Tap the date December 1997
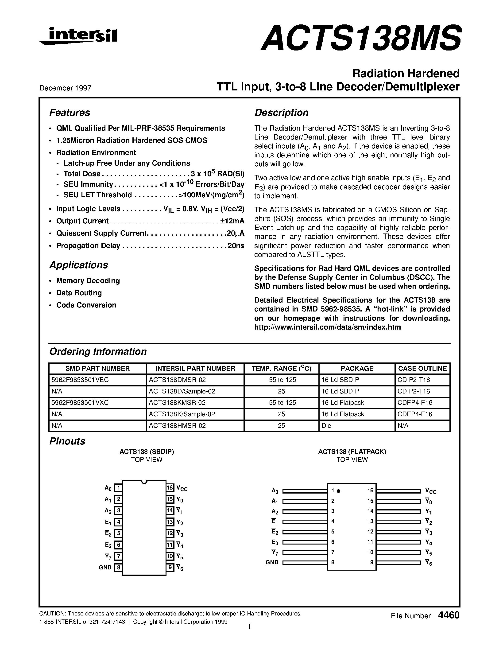(x=65, y=88)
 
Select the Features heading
(x=70, y=113)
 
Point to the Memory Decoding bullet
(x=88, y=280)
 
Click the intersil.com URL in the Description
(x=327, y=327)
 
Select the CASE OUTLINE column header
(x=422, y=368)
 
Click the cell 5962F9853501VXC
(x=80, y=403)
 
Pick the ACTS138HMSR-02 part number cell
(x=177, y=425)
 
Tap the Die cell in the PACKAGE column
(x=326, y=425)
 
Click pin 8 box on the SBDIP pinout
(x=118, y=568)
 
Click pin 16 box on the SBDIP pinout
(x=170, y=487)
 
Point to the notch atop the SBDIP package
(x=144, y=482)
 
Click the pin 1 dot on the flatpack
(x=339, y=491)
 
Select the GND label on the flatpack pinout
(x=272, y=562)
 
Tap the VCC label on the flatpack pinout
(x=430, y=491)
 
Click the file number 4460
(x=449, y=615)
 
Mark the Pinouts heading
(x=67, y=441)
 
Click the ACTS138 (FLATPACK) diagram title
(x=352, y=452)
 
